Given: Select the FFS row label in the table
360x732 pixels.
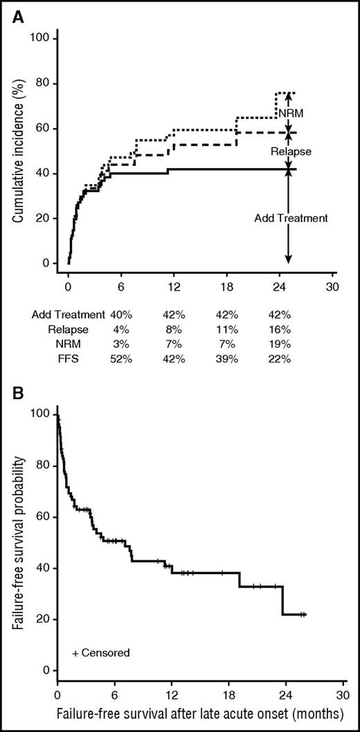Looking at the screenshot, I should (93, 358).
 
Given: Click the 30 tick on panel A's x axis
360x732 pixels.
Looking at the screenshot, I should (333, 288).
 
